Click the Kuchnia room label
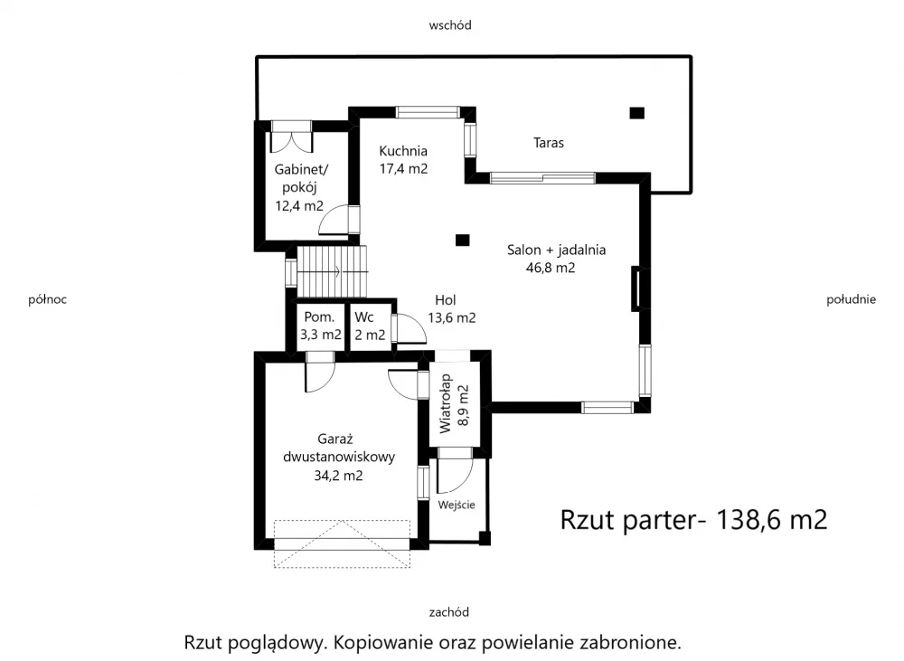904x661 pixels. pos(403,151)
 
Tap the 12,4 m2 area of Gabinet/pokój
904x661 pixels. pos(299,205)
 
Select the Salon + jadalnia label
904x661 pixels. pos(556,250)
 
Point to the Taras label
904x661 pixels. pos(549,143)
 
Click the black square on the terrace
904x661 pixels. pos(636,113)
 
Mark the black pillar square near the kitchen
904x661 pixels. pos(462,240)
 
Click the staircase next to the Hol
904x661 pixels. pos(332,271)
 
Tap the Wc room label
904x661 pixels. pos(364,317)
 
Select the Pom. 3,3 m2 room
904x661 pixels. pos(320,326)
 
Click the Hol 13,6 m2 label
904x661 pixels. pos(451,308)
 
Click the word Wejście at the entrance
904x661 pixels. pos(457,505)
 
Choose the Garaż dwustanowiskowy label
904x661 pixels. pos(339,449)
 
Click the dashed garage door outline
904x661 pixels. pos(342,544)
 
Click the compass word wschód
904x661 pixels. pos(450,24)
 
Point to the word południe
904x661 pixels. pos(851,299)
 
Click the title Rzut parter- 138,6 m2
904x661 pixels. pos(693,520)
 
